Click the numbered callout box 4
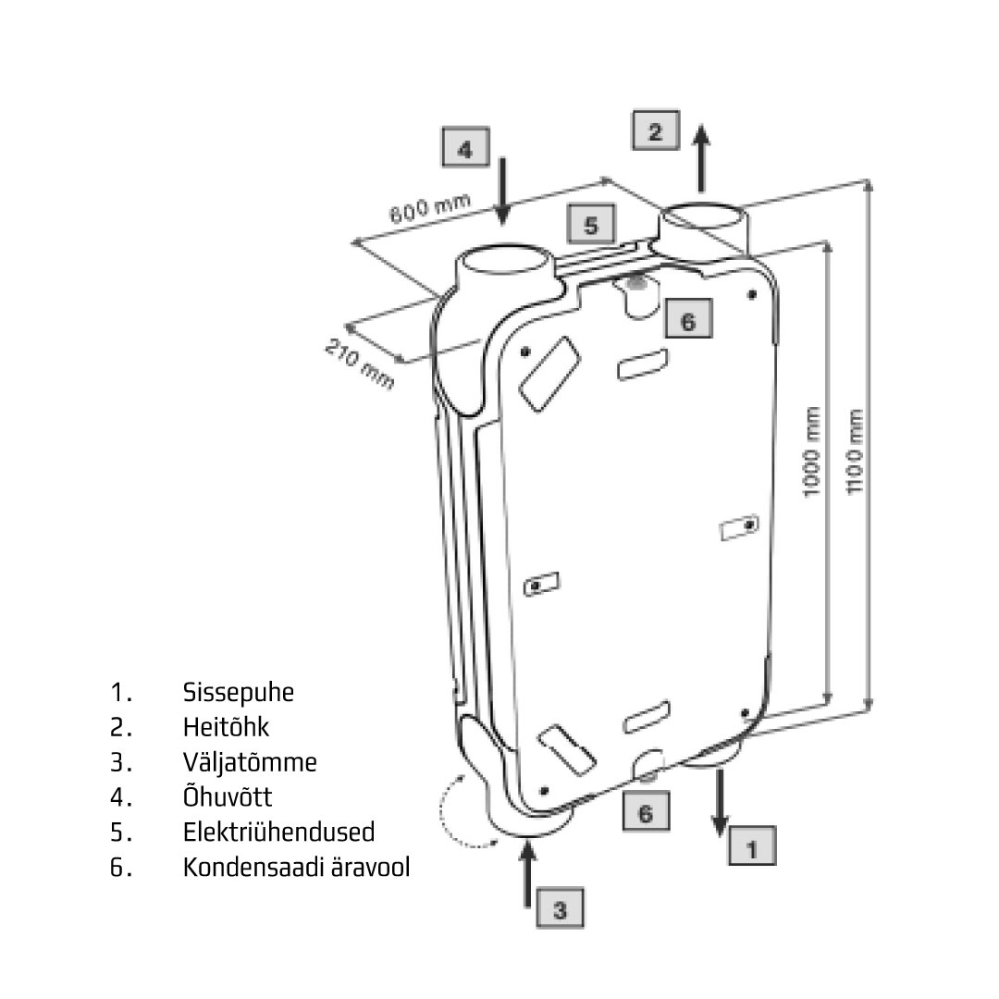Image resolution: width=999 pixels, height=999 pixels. [x=465, y=149]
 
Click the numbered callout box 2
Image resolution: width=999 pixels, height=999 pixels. [x=655, y=130]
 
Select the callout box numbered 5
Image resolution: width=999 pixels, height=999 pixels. [x=591, y=224]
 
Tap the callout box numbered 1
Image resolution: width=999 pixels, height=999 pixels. [x=751, y=845]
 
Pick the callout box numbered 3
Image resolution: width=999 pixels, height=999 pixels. [x=560, y=909]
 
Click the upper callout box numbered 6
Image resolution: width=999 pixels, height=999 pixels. [x=686, y=320]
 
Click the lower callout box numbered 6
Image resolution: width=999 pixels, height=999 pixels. [x=645, y=814]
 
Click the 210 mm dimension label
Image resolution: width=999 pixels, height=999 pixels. [x=359, y=364]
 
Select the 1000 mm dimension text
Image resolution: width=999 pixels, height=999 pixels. [x=812, y=462]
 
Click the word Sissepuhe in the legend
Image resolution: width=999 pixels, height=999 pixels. [x=239, y=693]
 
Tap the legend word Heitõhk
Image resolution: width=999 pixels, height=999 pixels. [x=226, y=728]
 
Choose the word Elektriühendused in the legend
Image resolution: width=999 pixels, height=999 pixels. [x=278, y=832]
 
